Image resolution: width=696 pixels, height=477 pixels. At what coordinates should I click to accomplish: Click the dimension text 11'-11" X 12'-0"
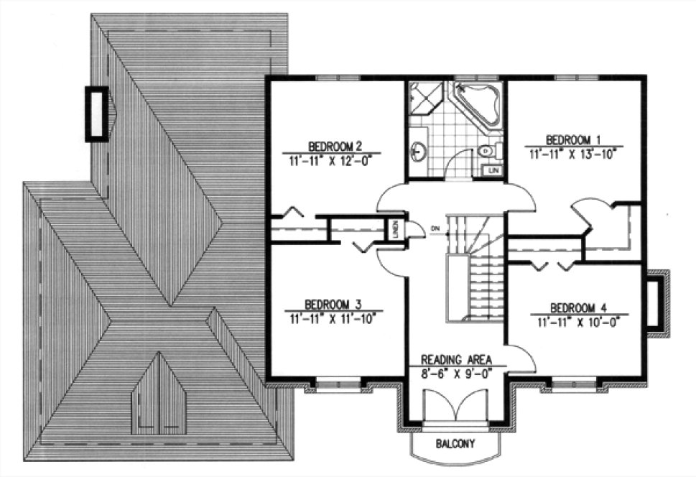[331, 159]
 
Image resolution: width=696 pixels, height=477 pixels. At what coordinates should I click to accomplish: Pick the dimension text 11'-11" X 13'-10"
[572, 153]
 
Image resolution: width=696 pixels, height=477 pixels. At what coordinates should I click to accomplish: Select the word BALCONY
[455, 445]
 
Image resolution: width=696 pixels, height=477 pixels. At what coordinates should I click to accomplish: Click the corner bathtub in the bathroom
[477, 107]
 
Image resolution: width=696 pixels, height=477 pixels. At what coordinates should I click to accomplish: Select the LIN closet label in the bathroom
[493, 170]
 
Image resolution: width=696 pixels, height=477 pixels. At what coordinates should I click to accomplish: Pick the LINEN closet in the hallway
[394, 230]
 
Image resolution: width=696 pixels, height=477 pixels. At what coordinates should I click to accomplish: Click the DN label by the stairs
[435, 229]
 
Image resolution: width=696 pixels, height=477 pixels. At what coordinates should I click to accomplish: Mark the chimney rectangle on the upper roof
[96, 114]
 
